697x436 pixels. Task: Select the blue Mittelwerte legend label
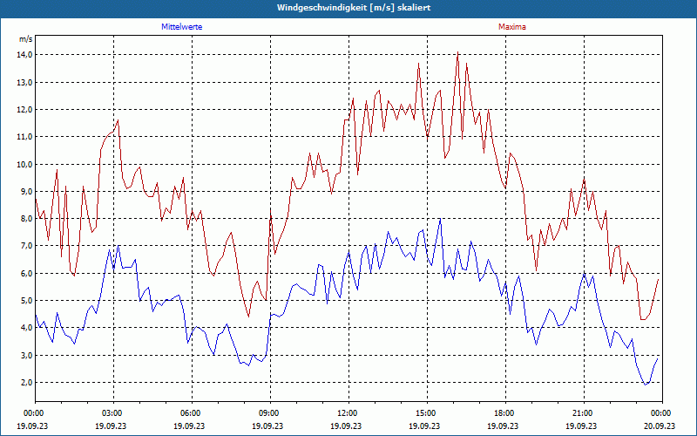coord(182,27)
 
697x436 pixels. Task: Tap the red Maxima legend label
coord(511,27)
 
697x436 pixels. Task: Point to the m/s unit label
coord(25,39)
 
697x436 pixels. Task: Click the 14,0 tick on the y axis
coord(24,55)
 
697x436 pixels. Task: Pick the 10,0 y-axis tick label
coord(24,164)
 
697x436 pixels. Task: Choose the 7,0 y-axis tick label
coord(24,246)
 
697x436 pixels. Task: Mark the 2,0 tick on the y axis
coord(24,383)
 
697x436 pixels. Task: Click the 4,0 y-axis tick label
coord(24,328)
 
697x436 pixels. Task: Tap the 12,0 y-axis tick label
coord(24,110)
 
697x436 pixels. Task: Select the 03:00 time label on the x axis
coord(112,412)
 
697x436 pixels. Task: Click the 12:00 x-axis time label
coord(348,412)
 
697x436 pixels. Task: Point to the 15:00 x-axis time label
coord(426,412)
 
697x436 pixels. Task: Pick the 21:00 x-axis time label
coord(583,412)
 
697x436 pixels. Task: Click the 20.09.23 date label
coord(660,426)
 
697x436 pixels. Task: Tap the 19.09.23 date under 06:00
coord(190,426)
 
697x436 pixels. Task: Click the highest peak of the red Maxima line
coord(457,53)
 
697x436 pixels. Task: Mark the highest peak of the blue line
coord(440,219)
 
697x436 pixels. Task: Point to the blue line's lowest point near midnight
coord(646,385)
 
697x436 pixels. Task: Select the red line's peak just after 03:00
coord(118,120)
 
